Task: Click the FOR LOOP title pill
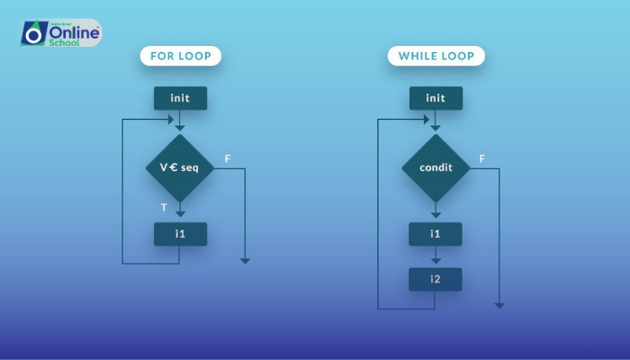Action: (180, 56)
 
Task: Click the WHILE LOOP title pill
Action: (436, 56)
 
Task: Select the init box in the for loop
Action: (180, 98)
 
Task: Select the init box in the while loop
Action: (436, 98)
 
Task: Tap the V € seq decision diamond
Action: (180, 168)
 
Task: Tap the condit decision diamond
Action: (436, 168)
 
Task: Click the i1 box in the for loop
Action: (180, 234)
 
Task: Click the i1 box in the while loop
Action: (436, 234)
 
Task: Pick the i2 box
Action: (436, 279)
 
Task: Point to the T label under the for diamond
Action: (164, 208)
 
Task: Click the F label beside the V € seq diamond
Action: (228, 159)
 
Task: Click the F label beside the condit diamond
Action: (482, 159)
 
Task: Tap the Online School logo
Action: (60, 33)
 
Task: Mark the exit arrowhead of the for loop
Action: (245, 260)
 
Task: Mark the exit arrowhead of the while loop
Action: (499, 305)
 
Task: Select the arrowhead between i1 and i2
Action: (436, 261)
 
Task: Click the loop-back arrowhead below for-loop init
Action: (170, 119)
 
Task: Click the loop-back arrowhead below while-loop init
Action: (426, 119)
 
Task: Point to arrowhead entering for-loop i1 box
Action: (180, 214)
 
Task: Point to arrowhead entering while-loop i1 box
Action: (436, 214)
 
